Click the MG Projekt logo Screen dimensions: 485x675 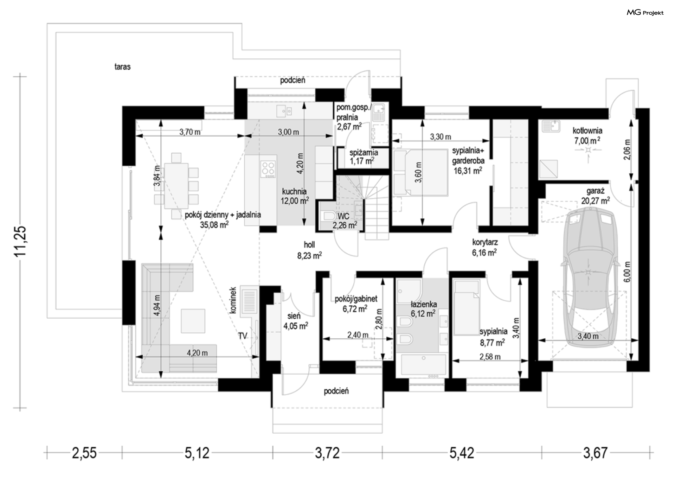coord(645,13)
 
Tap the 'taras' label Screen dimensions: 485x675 coord(122,66)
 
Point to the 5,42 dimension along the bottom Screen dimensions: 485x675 coord(462,453)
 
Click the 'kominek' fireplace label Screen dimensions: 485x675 coord(233,300)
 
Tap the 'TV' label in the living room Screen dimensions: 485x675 coord(243,336)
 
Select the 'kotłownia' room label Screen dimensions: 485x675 coord(587,130)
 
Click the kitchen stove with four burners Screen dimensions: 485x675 coord(268,169)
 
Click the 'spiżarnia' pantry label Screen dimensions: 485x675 coord(364,153)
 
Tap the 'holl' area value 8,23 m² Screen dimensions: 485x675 coord(309,256)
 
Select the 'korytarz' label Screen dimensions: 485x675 coord(485,242)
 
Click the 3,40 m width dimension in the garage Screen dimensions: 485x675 coord(588,336)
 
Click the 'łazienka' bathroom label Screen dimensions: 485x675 coord(424,304)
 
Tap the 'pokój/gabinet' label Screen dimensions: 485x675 coord(356,299)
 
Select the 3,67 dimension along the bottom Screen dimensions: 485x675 coord(595,453)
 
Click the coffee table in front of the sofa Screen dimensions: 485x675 coord(193,321)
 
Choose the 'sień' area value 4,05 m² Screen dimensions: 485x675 coord(296,326)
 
